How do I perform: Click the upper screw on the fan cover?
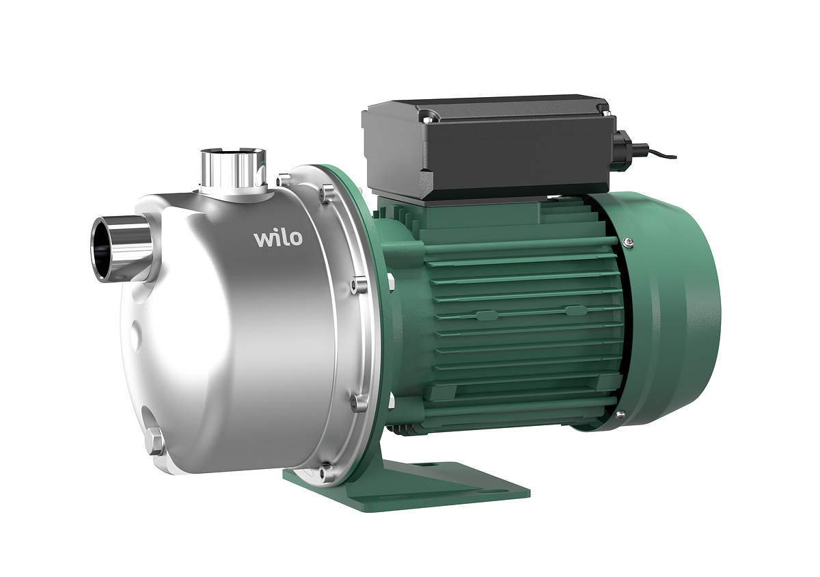(629, 242)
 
